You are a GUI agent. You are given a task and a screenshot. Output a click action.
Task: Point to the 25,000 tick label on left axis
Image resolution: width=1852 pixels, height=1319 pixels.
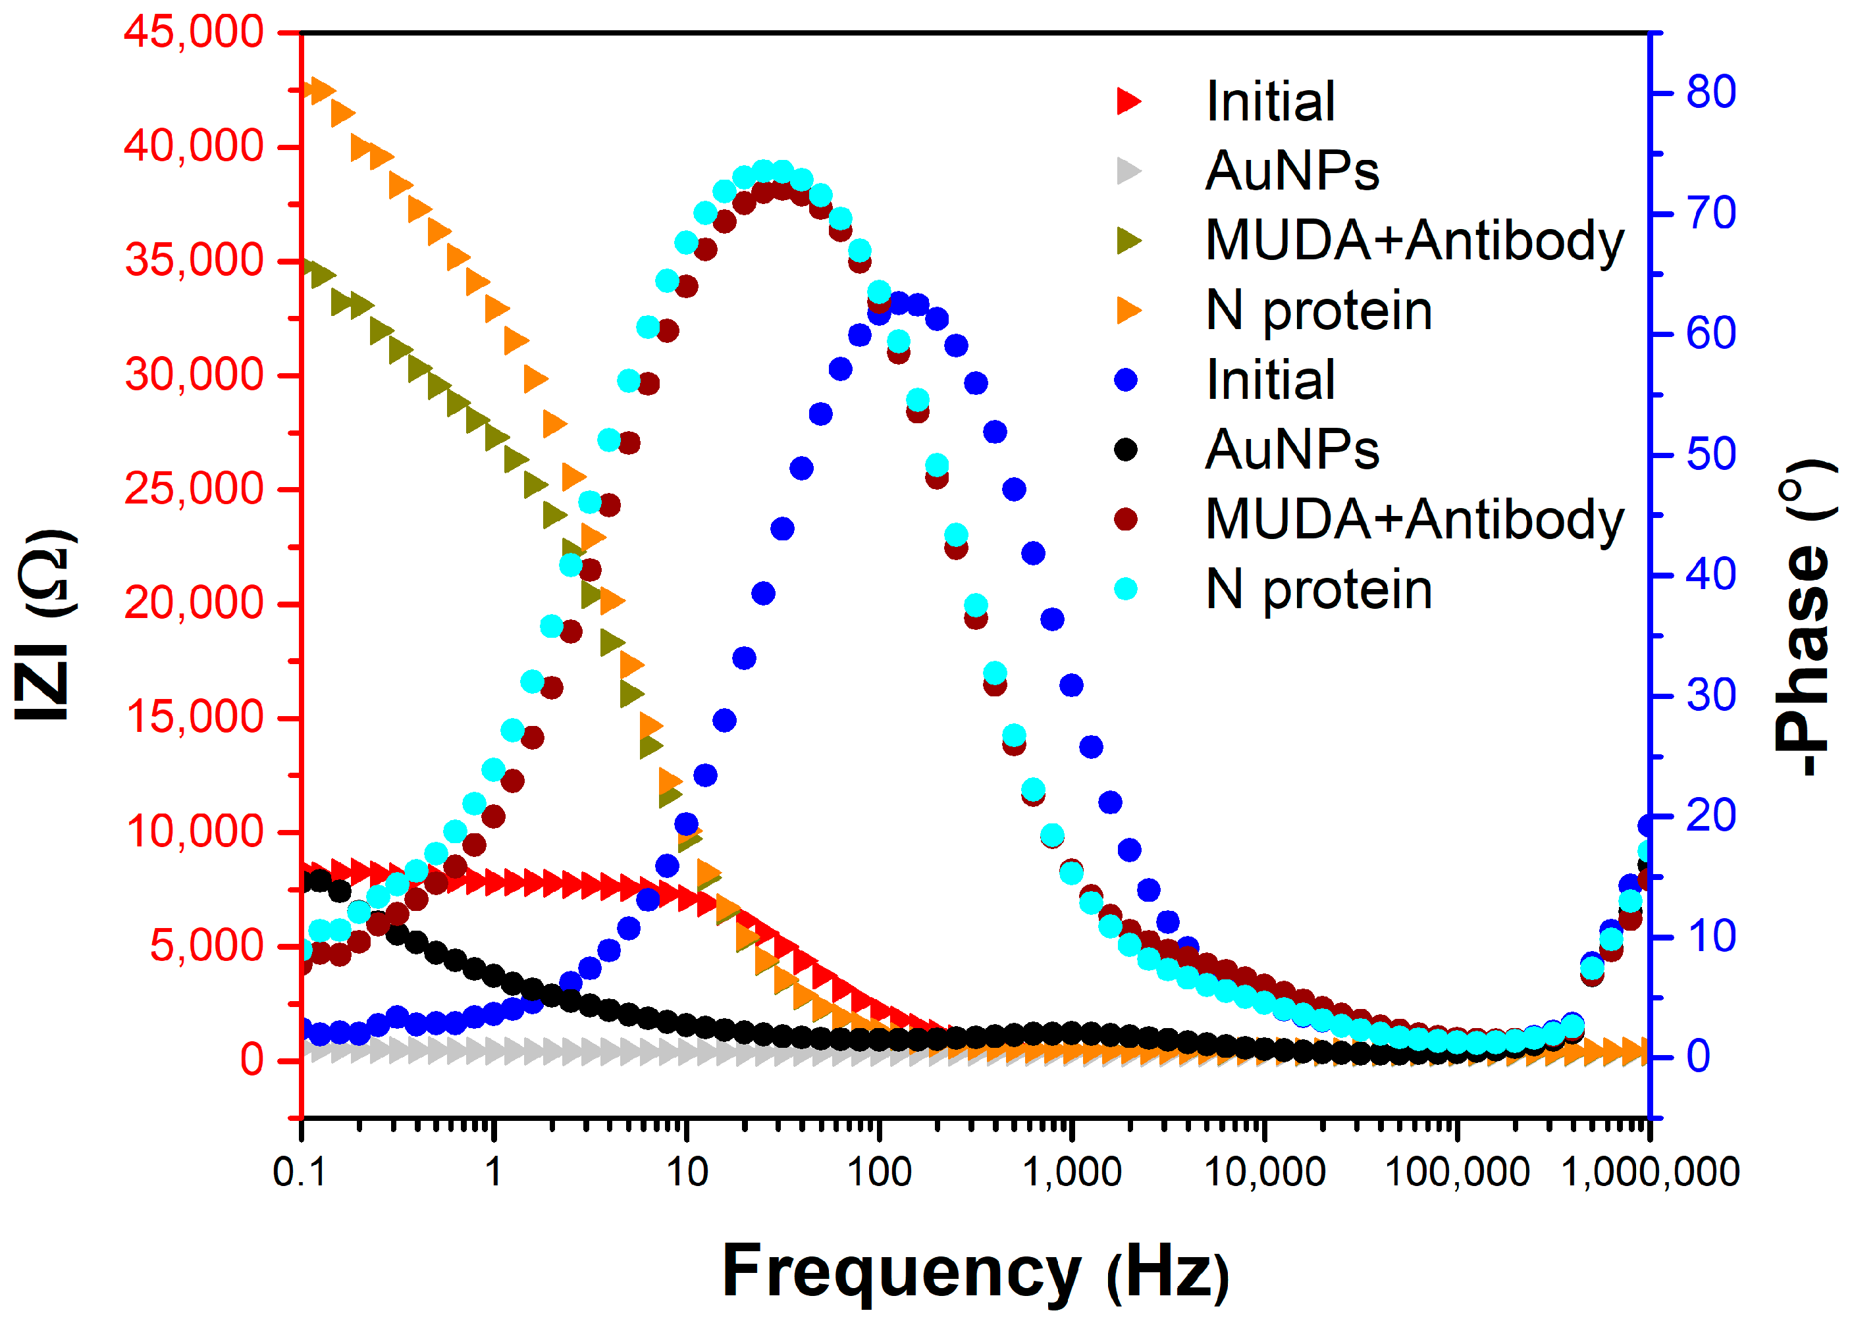194,489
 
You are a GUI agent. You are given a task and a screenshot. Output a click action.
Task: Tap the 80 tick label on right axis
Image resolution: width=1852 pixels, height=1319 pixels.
1710,93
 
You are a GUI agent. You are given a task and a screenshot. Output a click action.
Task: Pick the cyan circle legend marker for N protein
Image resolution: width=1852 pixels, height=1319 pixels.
1125,589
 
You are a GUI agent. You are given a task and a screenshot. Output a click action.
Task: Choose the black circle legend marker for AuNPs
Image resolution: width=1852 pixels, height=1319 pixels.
1125,449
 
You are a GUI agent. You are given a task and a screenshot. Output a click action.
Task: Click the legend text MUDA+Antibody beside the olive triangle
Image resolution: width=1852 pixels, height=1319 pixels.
1414,241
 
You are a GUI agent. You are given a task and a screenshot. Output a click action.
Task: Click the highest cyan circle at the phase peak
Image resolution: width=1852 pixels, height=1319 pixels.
764,171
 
